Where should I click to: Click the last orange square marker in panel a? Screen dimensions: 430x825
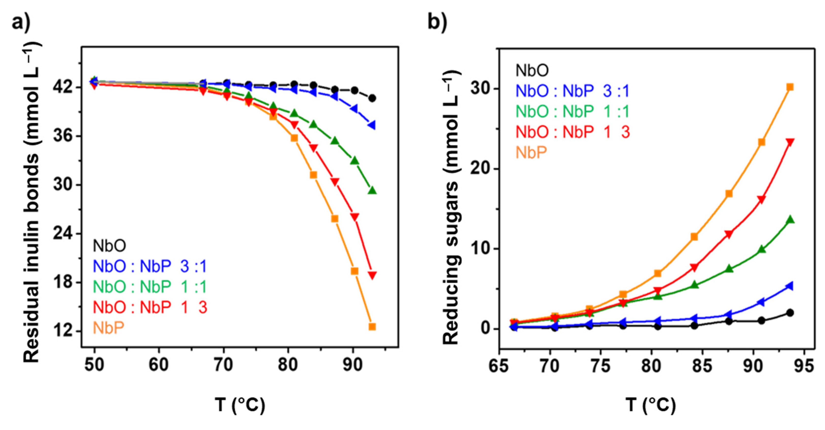click(x=372, y=327)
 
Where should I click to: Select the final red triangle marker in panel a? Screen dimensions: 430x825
click(x=372, y=275)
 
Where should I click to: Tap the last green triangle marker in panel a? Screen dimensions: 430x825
click(x=372, y=190)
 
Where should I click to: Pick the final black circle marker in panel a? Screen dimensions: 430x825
click(x=372, y=98)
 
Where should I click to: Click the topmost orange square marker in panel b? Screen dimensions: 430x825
click(x=790, y=87)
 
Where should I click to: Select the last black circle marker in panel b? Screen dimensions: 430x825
click(x=790, y=313)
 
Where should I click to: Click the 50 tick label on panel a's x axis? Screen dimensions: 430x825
click(x=94, y=365)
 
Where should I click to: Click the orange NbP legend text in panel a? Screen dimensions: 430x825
click(x=108, y=328)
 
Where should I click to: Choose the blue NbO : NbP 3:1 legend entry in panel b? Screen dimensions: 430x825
click(x=572, y=91)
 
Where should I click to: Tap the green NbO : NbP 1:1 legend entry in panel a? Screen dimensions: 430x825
click(x=150, y=287)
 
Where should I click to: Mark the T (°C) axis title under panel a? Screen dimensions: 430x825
click(x=240, y=405)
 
